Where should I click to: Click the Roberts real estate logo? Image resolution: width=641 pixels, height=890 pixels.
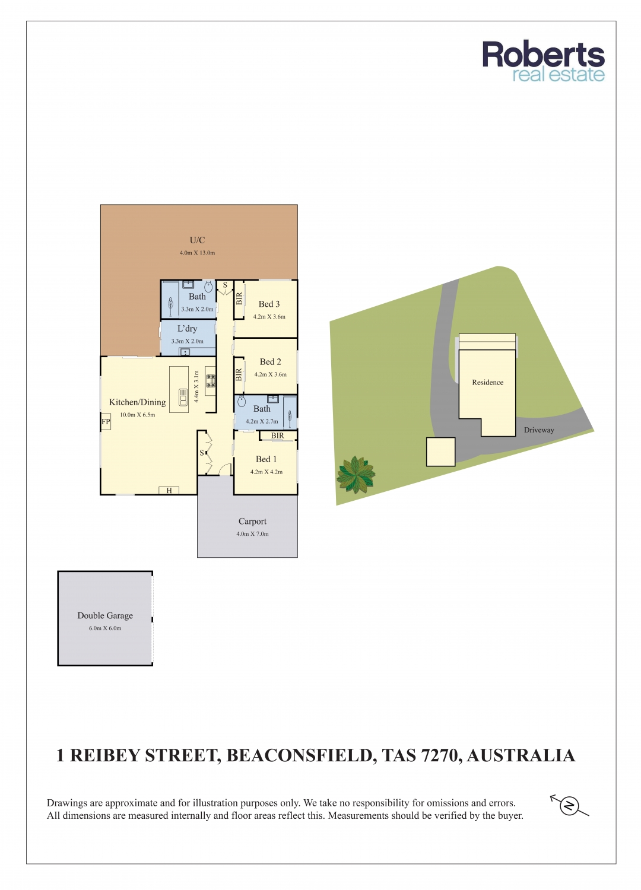(543, 62)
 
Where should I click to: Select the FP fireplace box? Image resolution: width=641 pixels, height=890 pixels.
(105, 421)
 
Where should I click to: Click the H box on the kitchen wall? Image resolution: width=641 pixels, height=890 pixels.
(169, 491)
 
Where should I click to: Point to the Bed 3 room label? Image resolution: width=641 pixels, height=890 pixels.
(269, 304)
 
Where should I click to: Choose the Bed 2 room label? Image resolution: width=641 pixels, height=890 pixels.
(270, 362)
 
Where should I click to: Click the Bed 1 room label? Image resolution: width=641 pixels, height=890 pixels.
(266, 459)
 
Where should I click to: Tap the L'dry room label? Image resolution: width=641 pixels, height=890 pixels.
(187, 329)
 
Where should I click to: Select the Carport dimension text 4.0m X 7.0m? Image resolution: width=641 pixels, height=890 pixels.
(252, 534)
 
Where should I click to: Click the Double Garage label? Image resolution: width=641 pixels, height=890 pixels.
(105, 615)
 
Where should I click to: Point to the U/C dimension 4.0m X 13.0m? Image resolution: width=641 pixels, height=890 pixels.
(197, 253)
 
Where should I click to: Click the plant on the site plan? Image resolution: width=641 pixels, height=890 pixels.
(356, 475)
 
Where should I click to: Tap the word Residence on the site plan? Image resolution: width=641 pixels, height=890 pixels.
(488, 382)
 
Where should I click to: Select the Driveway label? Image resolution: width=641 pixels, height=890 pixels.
(538, 430)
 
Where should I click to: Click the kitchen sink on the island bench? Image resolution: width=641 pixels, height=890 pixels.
(182, 397)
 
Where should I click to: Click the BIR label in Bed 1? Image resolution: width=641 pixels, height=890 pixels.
(277, 436)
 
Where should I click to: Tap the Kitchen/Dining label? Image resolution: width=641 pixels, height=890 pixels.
(138, 402)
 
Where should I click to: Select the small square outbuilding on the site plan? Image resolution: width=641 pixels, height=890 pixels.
(440, 452)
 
